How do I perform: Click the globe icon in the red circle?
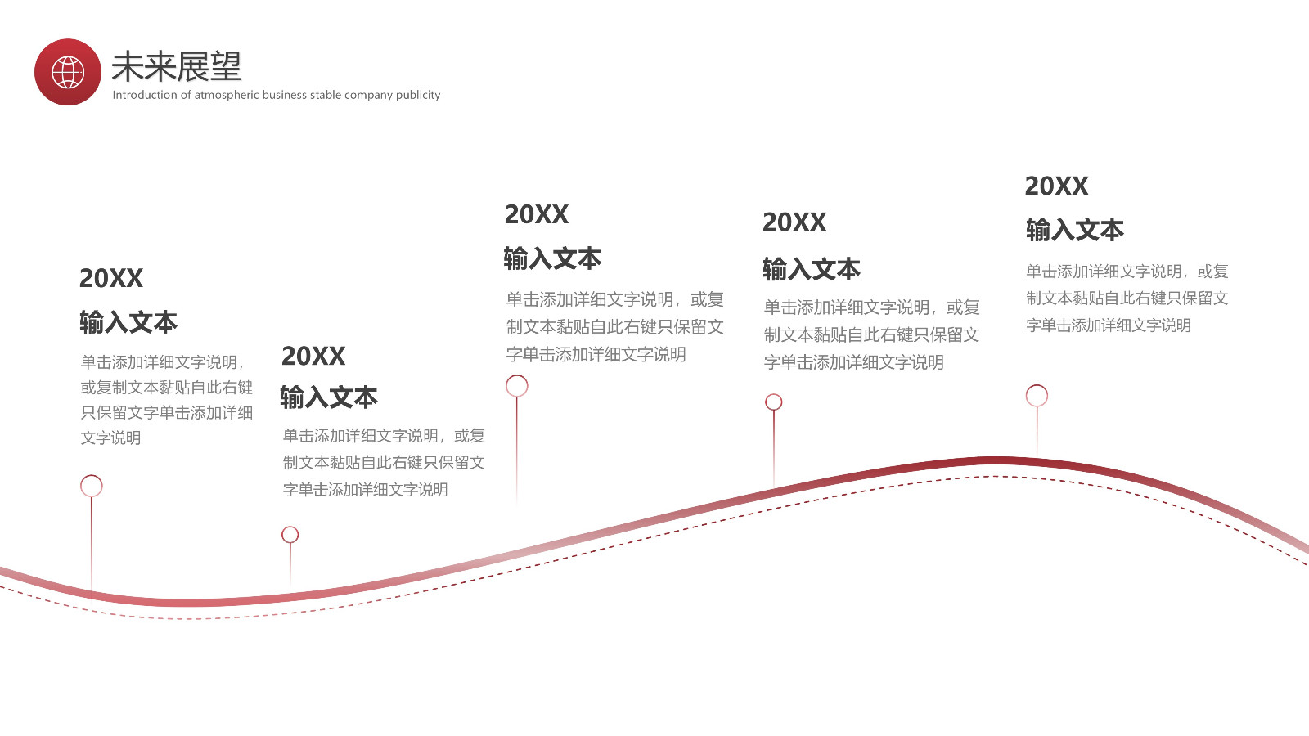(68, 72)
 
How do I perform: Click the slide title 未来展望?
(176, 66)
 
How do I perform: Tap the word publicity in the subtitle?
(418, 95)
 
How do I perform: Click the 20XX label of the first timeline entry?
(111, 278)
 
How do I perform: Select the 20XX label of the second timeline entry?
(313, 356)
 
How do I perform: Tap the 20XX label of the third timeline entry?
(537, 214)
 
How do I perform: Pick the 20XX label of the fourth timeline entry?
(794, 222)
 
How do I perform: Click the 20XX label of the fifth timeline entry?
(1056, 186)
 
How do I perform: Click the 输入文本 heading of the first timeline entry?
(128, 322)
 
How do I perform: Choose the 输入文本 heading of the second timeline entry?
(329, 397)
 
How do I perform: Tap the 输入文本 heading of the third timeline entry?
(552, 258)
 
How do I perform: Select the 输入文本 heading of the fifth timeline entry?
(1075, 230)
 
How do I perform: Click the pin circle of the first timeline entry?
(92, 486)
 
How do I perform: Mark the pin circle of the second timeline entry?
(290, 535)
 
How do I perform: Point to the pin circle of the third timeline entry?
(517, 386)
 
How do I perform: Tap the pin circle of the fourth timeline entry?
(774, 402)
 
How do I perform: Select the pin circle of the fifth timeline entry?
(1037, 396)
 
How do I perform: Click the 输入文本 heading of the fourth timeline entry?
(812, 269)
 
